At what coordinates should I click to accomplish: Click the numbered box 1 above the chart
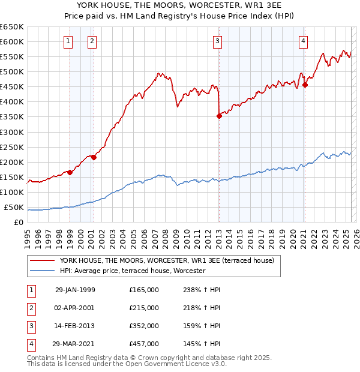69,41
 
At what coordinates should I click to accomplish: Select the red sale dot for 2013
219,116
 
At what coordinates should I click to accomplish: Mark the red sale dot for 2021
305,85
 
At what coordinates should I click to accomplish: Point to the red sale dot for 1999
70,172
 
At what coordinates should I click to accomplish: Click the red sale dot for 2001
93,157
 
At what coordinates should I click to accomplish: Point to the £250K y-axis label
11,147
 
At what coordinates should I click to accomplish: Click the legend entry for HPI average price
133,271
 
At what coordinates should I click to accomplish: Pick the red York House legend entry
166,260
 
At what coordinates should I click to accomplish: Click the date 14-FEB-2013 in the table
75,326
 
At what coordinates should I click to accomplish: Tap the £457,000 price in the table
144,344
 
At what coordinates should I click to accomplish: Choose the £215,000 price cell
144,308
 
